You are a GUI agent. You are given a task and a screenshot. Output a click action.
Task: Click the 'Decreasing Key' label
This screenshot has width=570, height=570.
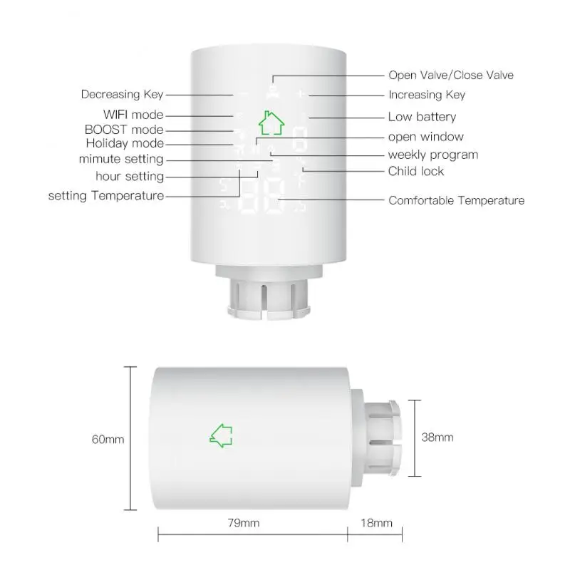point(122,94)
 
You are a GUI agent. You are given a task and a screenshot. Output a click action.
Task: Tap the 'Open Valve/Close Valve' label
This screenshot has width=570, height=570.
point(450,75)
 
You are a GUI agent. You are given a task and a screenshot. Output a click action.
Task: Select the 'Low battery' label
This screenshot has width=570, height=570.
point(422,116)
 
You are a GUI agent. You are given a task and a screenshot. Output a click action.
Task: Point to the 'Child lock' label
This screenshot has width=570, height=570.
point(416,171)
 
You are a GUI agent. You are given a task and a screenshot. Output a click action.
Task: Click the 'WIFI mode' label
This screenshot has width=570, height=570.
point(133,114)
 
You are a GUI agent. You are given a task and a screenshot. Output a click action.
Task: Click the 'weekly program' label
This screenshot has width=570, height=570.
point(432,155)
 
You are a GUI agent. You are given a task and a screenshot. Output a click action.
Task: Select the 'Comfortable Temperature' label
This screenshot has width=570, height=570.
point(456,200)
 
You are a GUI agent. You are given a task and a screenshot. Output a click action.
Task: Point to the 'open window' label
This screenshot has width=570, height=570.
point(425,136)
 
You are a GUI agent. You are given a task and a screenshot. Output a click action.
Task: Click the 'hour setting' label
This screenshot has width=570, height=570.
point(130,176)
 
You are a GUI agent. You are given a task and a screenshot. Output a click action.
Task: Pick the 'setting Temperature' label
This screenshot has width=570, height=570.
point(106,195)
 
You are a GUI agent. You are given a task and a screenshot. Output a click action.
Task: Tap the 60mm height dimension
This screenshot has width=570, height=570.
point(108,439)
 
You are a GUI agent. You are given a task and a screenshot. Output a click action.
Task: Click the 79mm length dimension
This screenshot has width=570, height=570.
point(244,524)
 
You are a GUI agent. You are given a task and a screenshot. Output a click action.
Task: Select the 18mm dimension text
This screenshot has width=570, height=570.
point(377,524)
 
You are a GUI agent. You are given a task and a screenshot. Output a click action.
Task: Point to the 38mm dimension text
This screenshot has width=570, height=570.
point(437,437)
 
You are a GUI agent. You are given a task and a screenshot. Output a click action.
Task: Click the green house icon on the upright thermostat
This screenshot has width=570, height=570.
point(270,122)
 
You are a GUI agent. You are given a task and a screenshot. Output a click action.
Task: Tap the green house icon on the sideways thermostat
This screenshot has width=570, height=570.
point(221,435)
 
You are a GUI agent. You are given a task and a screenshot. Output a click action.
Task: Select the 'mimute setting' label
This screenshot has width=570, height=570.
point(121,160)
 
